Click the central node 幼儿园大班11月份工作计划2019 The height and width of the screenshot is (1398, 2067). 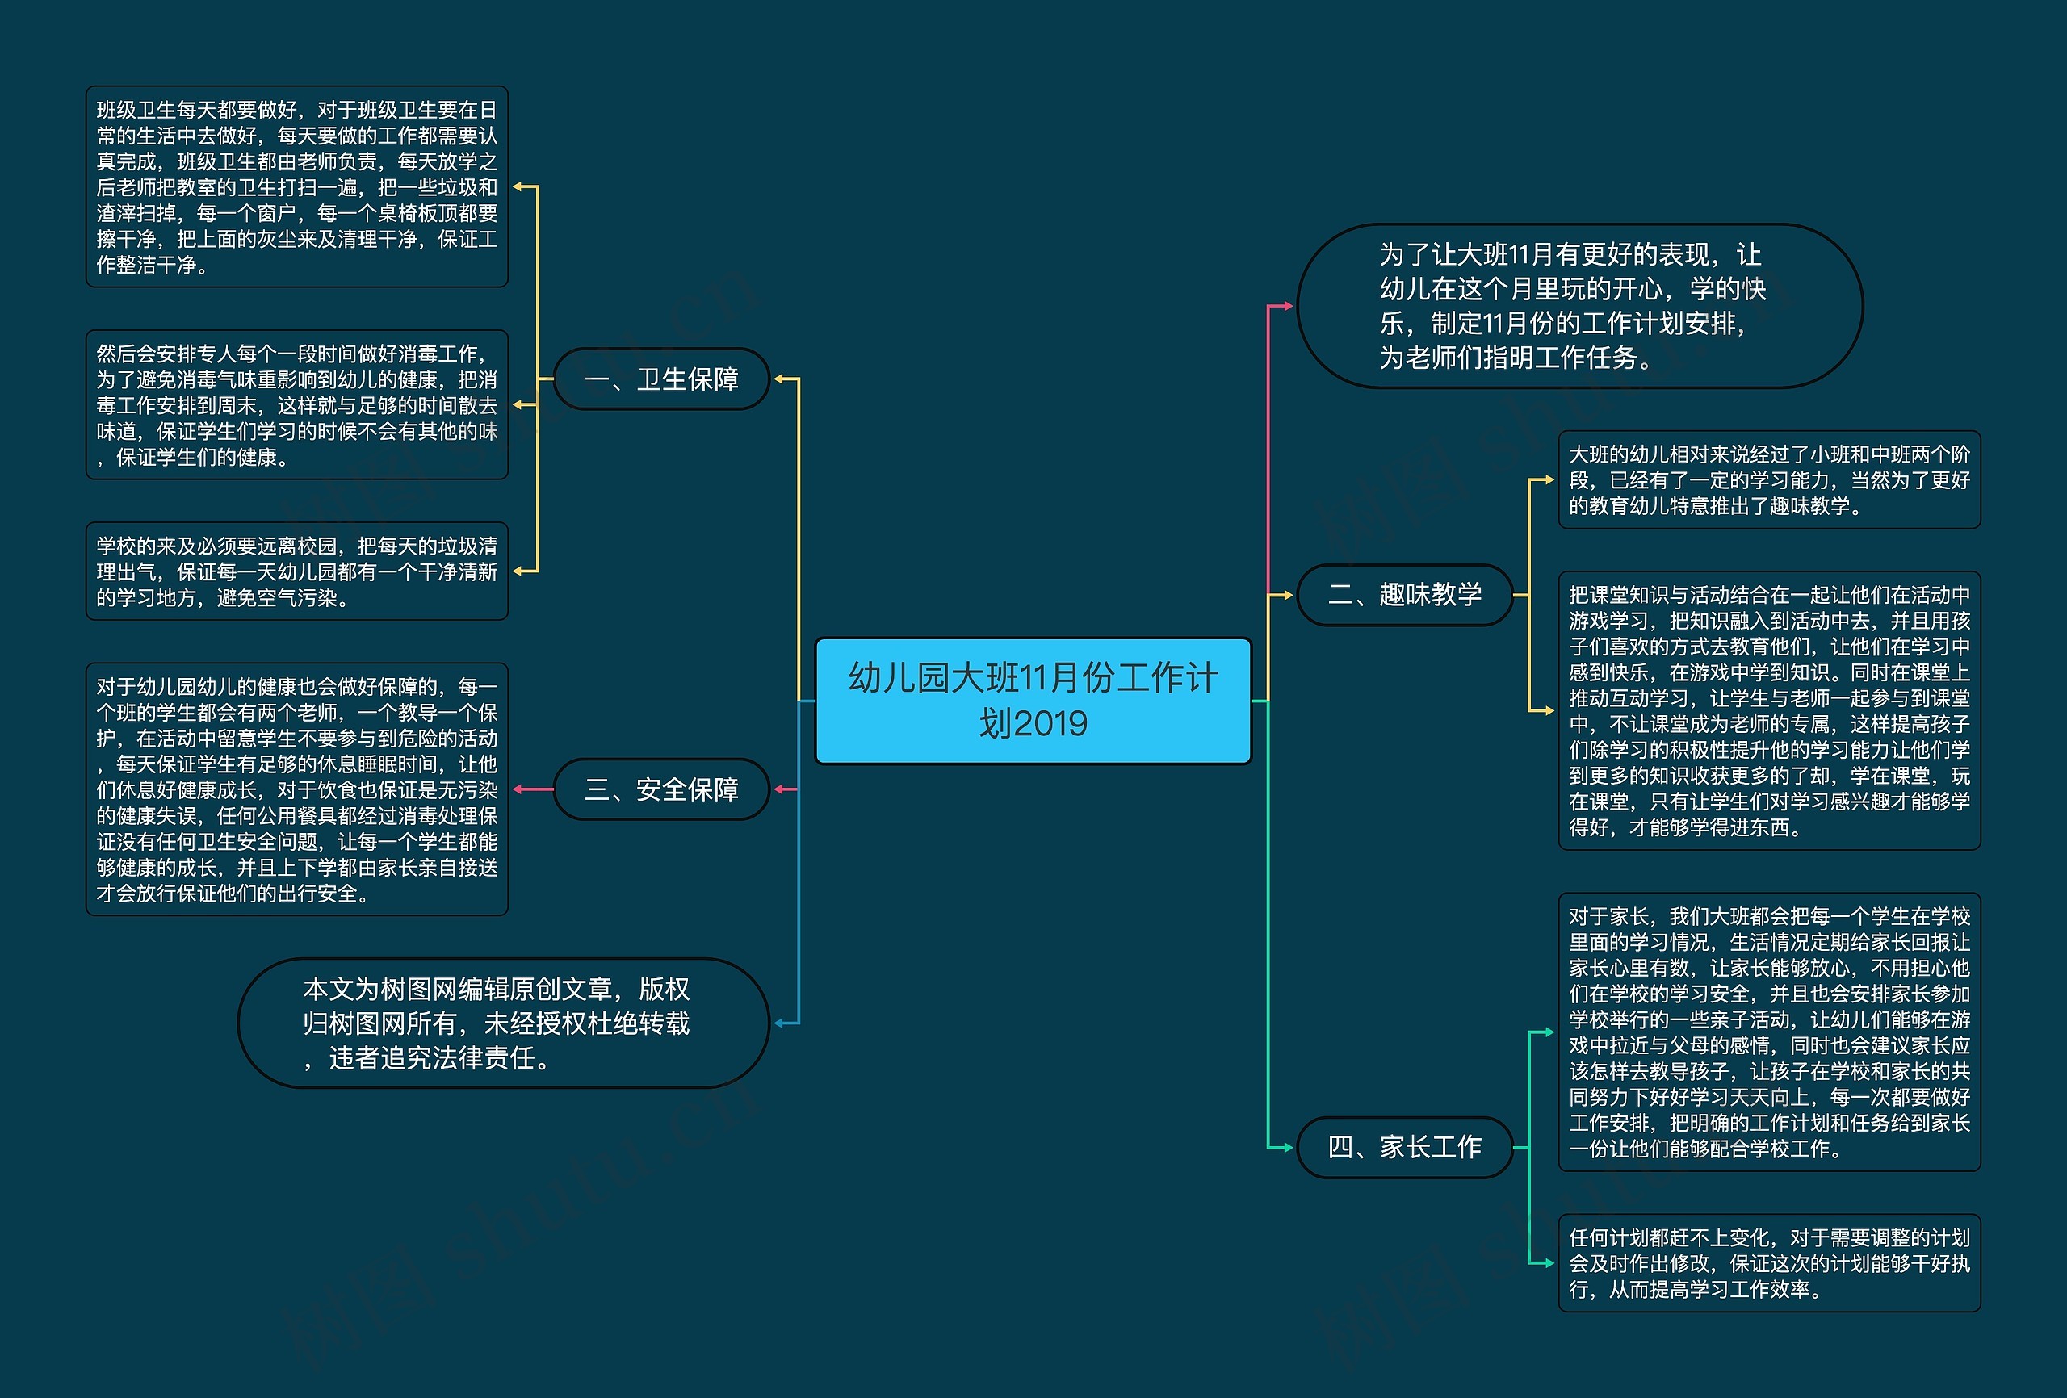point(1033,701)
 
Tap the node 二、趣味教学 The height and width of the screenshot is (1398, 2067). point(1404,594)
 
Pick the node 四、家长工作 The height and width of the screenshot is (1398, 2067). point(1404,1147)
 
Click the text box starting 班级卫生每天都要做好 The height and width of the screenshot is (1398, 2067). point(296,186)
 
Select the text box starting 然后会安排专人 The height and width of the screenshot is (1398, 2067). point(296,404)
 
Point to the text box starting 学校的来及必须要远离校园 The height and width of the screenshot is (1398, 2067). point(296,571)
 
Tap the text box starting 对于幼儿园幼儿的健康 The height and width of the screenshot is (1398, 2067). point(296,789)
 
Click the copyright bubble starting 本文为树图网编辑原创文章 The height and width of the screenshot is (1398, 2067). point(503,1023)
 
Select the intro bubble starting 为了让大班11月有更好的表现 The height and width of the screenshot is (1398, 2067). point(1579,306)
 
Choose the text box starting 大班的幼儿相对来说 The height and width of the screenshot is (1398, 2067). point(1769,480)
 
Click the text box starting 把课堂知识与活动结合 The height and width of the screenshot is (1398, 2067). point(1769,710)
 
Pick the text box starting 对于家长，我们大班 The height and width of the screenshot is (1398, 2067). point(1769,1032)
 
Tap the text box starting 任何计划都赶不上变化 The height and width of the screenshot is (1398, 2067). point(1769,1263)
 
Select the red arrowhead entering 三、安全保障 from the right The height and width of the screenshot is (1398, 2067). point(780,789)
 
